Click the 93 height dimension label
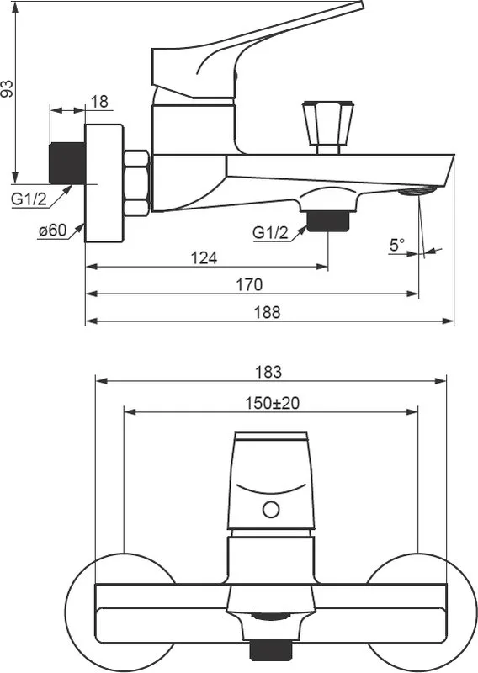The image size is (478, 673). pyautogui.click(x=8, y=89)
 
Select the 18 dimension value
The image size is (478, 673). pyautogui.click(x=99, y=102)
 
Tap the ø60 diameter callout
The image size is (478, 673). pyautogui.click(x=52, y=231)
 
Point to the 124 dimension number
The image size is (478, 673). pyautogui.click(x=204, y=258)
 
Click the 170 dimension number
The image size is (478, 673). pyautogui.click(x=249, y=284)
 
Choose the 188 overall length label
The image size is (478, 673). pyautogui.click(x=267, y=312)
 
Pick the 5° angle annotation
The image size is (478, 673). pyautogui.click(x=397, y=245)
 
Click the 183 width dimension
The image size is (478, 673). pyautogui.click(x=268, y=372)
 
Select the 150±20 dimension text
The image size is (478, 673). pyautogui.click(x=273, y=403)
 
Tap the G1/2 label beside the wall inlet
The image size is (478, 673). pyautogui.click(x=29, y=199)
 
